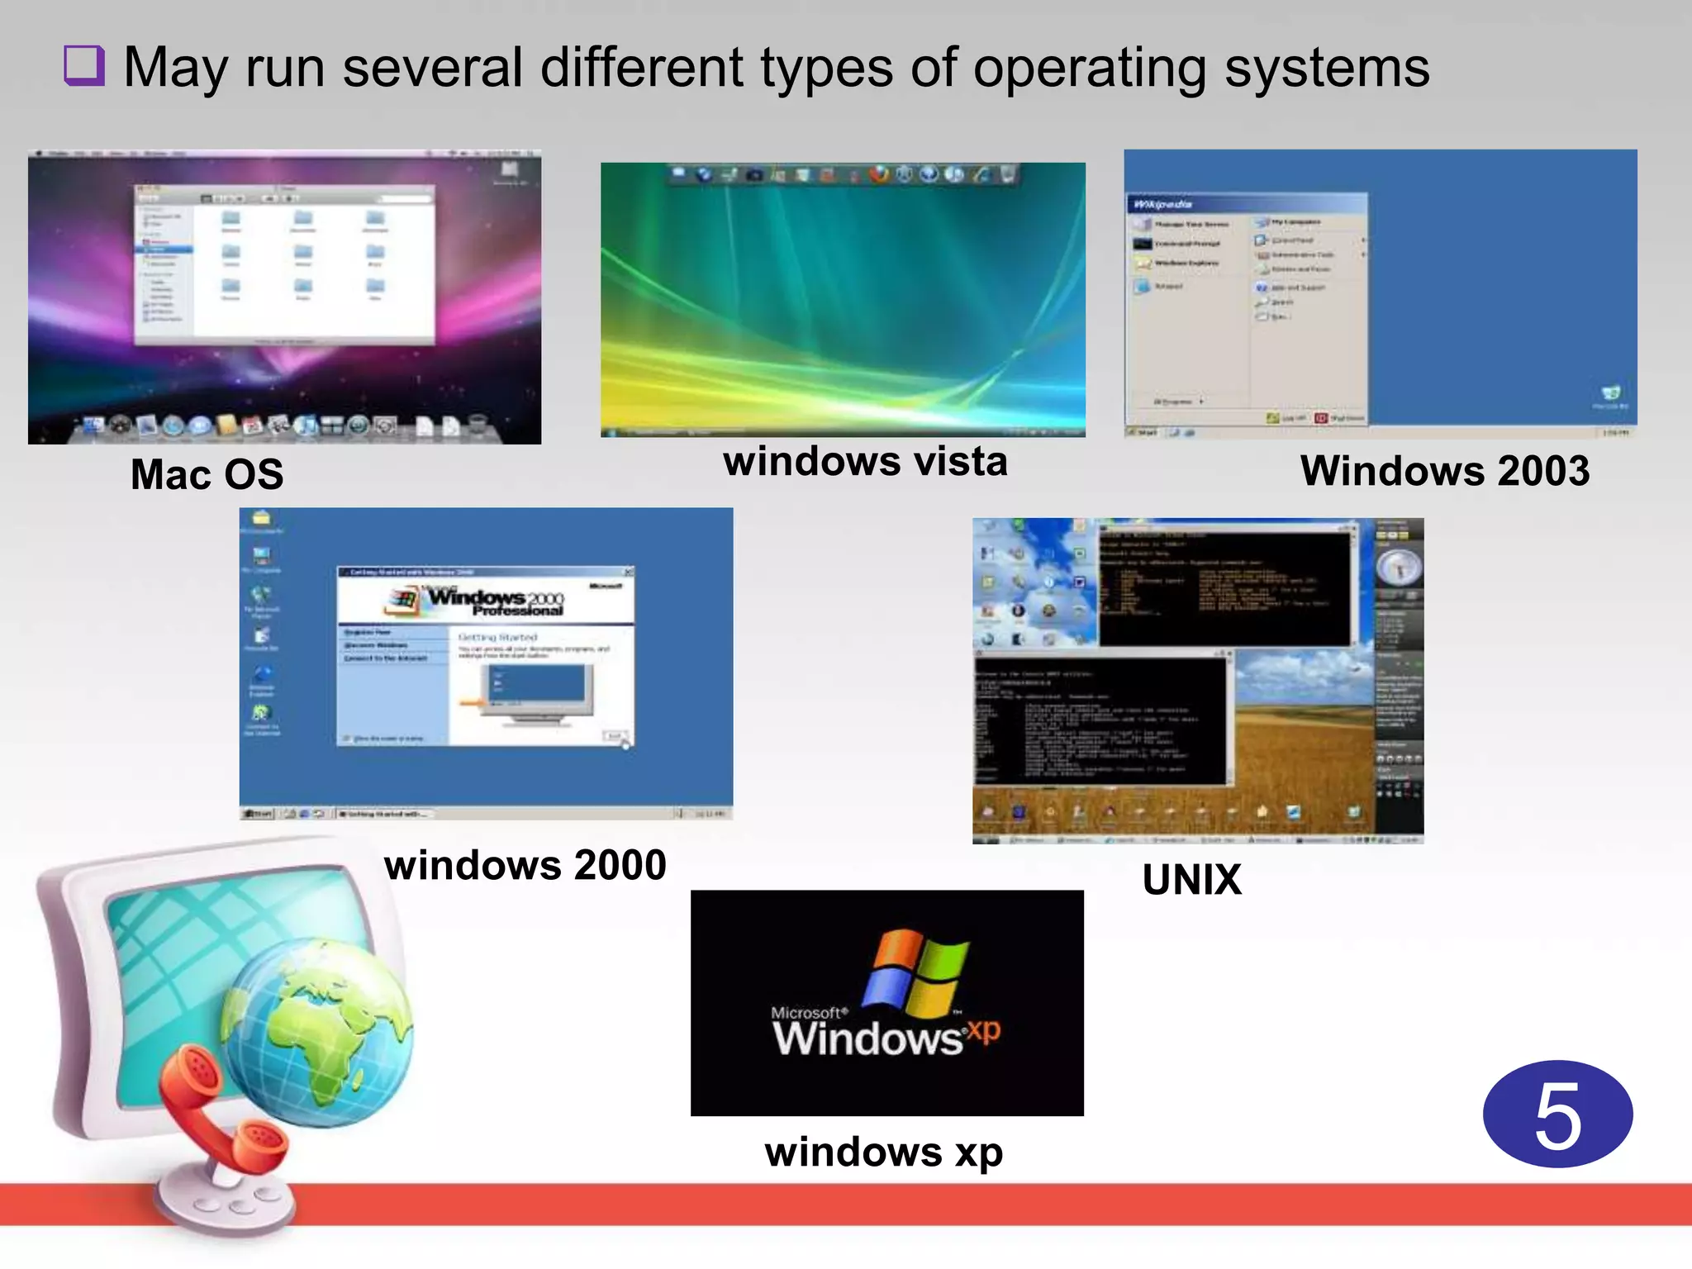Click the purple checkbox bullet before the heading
(x=84, y=66)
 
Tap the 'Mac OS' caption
(x=207, y=475)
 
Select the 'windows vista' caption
(x=865, y=461)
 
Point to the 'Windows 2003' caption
(x=1444, y=471)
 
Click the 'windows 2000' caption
(x=525, y=865)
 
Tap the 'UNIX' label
(x=1191, y=880)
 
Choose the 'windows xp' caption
(x=883, y=1152)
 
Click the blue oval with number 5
(x=1557, y=1115)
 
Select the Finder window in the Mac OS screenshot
(x=284, y=264)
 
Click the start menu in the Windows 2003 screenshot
(x=1246, y=310)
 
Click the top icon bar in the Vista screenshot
(x=843, y=174)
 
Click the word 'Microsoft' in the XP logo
(x=807, y=1013)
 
